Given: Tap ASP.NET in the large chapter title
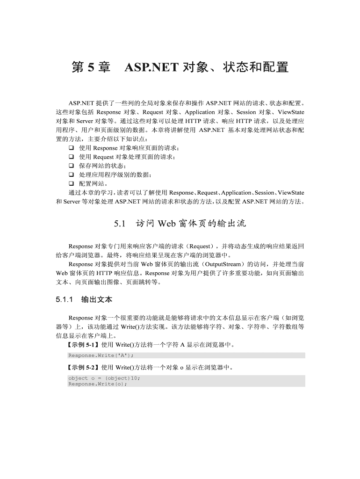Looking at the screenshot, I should tap(151, 67).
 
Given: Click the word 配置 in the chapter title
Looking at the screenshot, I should tap(275, 67).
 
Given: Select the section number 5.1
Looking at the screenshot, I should tap(120, 224).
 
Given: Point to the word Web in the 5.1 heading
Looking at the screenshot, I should tap(166, 224).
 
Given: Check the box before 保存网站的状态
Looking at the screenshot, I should tap(72, 166).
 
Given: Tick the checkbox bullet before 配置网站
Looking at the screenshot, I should tap(72, 183).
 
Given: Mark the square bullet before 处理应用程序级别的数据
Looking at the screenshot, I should tap(72, 174).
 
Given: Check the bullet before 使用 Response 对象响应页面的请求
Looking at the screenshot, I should tap(72, 148).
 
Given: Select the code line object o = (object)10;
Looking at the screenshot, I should tap(104, 378).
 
